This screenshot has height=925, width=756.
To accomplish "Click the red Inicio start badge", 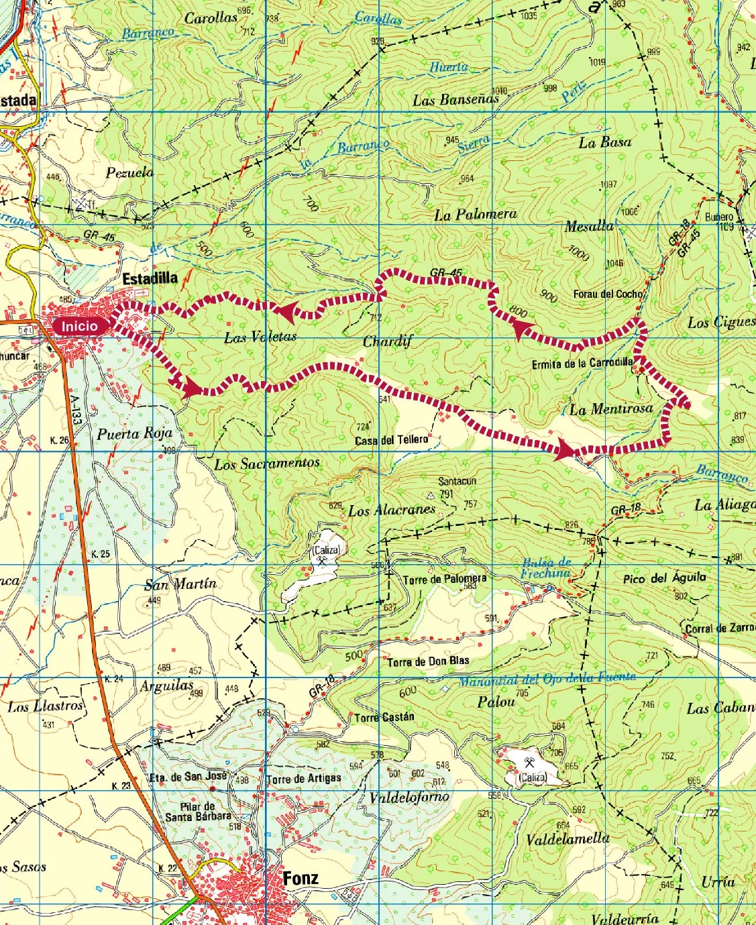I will click(x=80, y=327).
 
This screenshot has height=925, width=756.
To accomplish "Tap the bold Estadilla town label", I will click(x=150, y=278).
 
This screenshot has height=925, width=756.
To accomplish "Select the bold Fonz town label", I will click(x=301, y=878).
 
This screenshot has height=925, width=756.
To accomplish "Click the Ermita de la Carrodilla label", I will click(x=582, y=364).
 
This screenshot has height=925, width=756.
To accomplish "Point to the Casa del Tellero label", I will click(x=391, y=440).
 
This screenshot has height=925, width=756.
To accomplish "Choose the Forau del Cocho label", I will click(x=608, y=294).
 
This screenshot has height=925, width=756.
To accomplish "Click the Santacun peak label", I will click(x=457, y=481).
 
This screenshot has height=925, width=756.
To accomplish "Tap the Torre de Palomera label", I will click(x=445, y=578).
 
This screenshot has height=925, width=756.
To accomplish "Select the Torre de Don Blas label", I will click(x=428, y=661).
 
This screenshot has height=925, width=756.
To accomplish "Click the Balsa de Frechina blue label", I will click(x=546, y=567).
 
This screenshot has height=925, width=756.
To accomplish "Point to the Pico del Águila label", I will click(x=664, y=578).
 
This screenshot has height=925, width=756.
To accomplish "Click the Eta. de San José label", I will click(x=187, y=776).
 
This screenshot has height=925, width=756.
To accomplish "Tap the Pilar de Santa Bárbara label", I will click(x=198, y=812).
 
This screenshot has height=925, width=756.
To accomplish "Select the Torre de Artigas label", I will click(x=303, y=779).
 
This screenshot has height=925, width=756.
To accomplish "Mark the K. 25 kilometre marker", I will click(x=100, y=553).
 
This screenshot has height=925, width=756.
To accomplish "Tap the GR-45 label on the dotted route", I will click(x=446, y=272).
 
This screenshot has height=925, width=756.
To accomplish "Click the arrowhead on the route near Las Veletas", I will click(x=286, y=310).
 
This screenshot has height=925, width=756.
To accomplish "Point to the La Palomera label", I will click(x=475, y=215).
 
